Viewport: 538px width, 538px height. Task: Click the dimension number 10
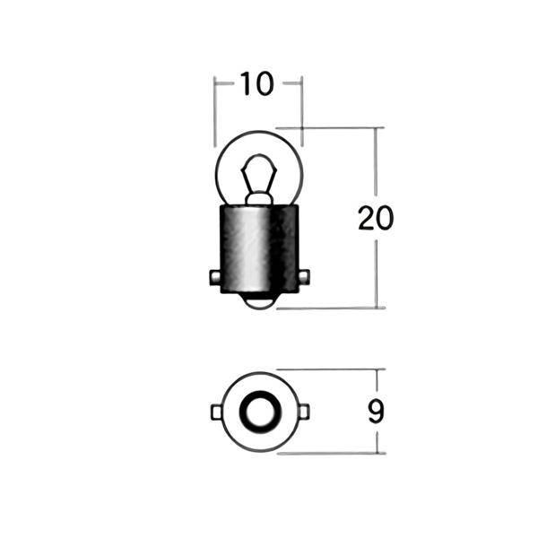click(257, 83)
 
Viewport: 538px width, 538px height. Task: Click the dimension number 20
click(376, 218)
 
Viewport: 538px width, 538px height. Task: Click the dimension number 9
click(377, 412)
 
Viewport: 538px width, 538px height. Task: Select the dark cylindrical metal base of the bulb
click(259, 248)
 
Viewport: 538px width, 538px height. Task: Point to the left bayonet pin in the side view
click(215, 277)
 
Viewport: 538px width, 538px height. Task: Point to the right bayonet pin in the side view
click(304, 277)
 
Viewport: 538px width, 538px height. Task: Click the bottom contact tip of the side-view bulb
click(259, 301)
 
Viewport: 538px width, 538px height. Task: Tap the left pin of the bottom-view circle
click(216, 412)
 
